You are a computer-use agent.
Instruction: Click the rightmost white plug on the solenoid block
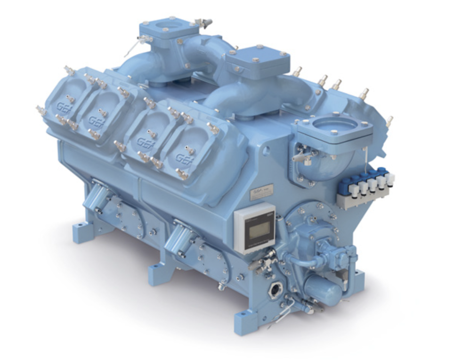coord(390,180)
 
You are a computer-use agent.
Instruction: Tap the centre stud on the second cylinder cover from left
coord(103,113)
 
